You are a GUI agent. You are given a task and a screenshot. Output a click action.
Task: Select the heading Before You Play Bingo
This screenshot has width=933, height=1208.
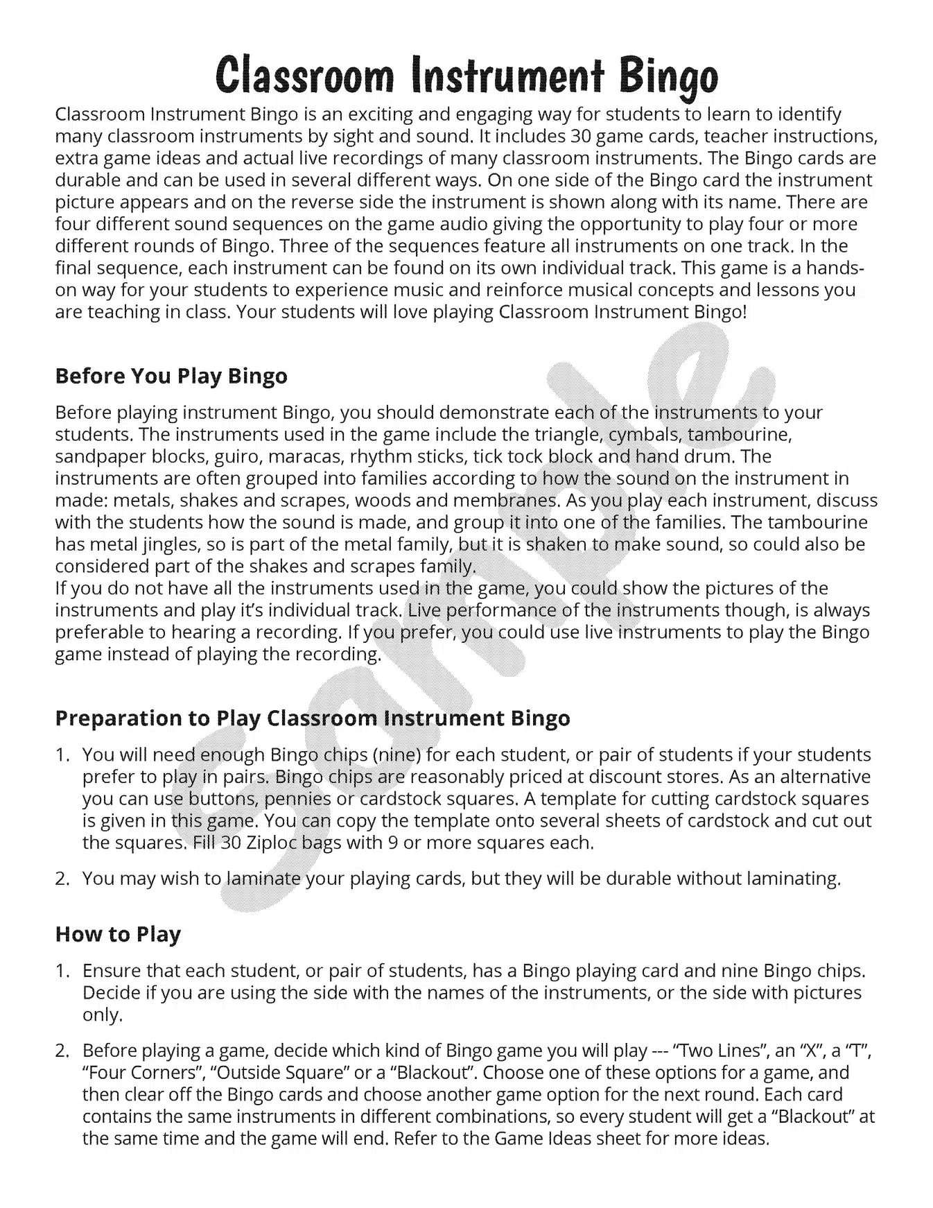[171, 376]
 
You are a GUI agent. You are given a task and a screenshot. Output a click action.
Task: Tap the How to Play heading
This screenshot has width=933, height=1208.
[117, 934]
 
